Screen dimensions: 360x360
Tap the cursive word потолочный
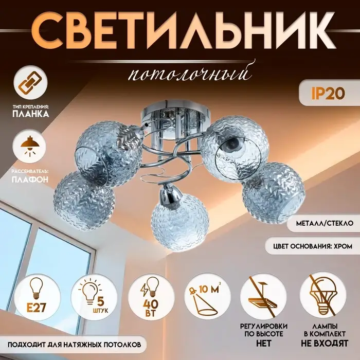click(x=190, y=74)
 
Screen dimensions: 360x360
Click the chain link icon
click(x=29, y=84)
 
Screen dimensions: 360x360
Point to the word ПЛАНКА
click(x=31, y=114)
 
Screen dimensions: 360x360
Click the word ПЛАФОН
click(x=31, y=180)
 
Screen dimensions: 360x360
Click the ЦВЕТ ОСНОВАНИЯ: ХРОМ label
click(x=312, y=246)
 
